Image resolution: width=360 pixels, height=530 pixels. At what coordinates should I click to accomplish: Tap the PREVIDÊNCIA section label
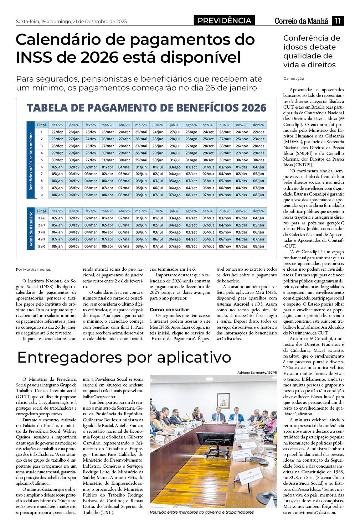225,21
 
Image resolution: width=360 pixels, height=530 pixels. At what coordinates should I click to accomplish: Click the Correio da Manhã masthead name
301,21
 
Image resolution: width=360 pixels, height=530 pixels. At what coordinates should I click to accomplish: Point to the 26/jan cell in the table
74,132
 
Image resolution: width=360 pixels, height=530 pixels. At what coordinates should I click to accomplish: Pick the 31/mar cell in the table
107,160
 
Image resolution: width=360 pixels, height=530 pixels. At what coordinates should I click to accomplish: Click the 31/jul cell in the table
175,160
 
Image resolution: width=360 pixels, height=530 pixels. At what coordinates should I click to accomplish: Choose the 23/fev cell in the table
91,132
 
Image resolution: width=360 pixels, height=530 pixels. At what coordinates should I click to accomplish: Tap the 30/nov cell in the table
242,160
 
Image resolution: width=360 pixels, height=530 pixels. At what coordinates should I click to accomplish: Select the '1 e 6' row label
42,218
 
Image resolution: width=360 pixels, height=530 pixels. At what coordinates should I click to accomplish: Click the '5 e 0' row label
42,246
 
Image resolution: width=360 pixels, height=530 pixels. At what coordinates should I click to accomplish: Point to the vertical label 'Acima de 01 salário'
31,229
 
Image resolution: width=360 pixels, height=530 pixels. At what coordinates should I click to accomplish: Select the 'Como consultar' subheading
169,310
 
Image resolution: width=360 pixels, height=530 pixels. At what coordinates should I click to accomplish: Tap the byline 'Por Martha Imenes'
34,269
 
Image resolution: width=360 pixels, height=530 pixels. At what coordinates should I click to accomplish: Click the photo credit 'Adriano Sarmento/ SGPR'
257,372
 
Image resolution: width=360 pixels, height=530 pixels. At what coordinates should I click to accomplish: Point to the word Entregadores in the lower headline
68,357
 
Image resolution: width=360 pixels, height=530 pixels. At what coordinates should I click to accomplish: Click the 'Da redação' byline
294,78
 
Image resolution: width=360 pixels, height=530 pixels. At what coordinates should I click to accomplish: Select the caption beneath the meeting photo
202,512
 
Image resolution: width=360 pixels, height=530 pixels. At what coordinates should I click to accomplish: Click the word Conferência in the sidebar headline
312,38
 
